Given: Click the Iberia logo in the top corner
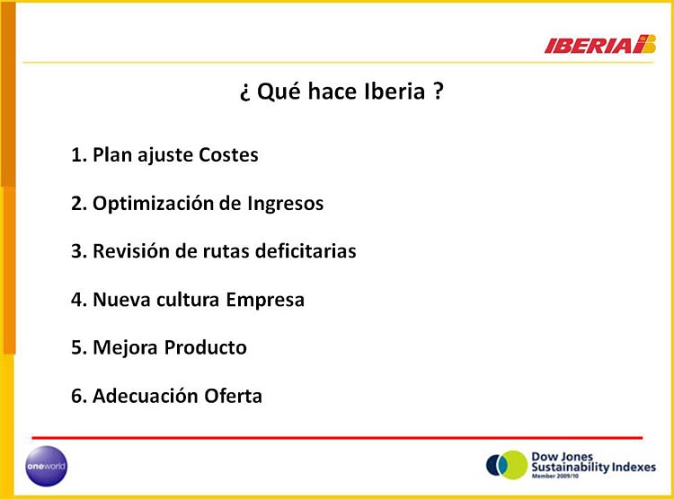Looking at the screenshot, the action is click(x=600, y=44).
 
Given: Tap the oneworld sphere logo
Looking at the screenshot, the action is click(x=47, y=466).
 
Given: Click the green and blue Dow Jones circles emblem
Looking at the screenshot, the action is click(x=507, y=465).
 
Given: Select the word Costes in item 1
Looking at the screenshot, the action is click(x=228, y=155).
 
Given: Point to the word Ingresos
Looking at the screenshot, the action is click(x=286, y=204).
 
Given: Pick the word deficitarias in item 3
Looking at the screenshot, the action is click(x=306, y=251).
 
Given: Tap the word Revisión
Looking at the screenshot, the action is click(x=131, y=251).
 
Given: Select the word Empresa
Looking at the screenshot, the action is click(x=265, y=301).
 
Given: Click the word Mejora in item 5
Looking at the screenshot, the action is click(x=125, y=348).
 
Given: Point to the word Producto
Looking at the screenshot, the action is click(x=206, y=348).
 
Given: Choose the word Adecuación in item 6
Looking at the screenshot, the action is click(x=145, y=396).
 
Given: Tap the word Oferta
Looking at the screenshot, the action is click(x=233, y=396).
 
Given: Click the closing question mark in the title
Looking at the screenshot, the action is click(x=438, y=91).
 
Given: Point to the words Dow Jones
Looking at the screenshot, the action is click(x=563, y=457).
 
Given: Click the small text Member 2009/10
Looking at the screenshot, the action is click(x=555, y=476).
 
